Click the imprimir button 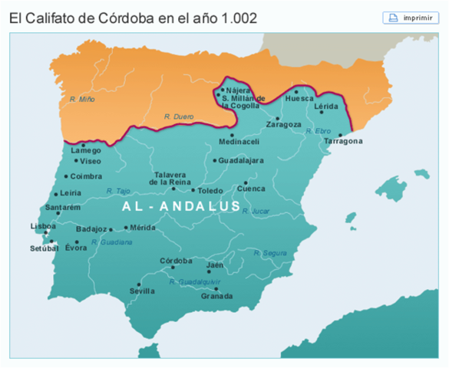tap(411, 18)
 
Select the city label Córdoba tap(176, 261)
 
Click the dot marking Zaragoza tap(278, 118)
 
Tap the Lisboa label tap(43, 226)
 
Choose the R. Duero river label tap(177, 116)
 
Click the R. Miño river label tap(81, 100)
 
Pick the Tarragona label tap(342, 142)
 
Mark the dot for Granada tap(226, 290)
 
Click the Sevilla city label tap(141, 291)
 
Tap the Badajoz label tap(91, 229)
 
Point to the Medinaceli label tap(239, 142)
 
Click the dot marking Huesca tap(296, 91)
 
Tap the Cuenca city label tap(251, 189)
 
